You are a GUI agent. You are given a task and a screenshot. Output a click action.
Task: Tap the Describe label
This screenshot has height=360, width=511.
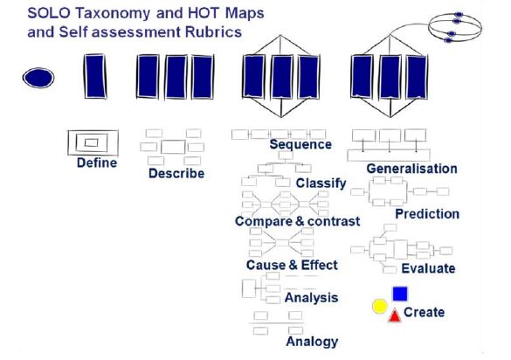(x=176, y=173)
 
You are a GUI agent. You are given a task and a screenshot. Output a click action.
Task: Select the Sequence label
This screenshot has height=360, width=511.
(x=300, y=144)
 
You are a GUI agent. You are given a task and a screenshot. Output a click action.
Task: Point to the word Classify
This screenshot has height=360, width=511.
(x=321, y=183)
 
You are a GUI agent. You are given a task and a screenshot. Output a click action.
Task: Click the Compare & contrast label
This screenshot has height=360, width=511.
(x=297, y=221)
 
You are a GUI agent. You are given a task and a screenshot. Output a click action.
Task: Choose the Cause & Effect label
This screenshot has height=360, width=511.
(x=292, y=265)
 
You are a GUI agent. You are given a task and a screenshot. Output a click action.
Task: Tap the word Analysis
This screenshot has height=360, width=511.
(x=311, y=297)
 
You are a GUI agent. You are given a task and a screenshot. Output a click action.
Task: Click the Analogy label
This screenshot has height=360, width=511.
(x=312, y=342)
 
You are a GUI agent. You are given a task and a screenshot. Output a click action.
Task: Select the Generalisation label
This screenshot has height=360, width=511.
(x=411, y=168)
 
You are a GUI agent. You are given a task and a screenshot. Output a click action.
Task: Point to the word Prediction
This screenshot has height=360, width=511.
(x=427, y=213)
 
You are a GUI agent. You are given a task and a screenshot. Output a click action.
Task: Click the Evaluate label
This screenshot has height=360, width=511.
(x=428, y=268)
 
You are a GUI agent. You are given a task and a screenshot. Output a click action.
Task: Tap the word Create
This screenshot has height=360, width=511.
(x=424, y=312)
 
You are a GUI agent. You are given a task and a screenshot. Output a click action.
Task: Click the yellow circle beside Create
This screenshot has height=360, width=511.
(x=379, y=307)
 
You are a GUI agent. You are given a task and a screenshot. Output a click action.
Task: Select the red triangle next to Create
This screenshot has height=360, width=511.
(x=394, y=315)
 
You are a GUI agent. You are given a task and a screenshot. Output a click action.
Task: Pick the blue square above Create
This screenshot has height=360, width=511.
(x=399, y=294)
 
